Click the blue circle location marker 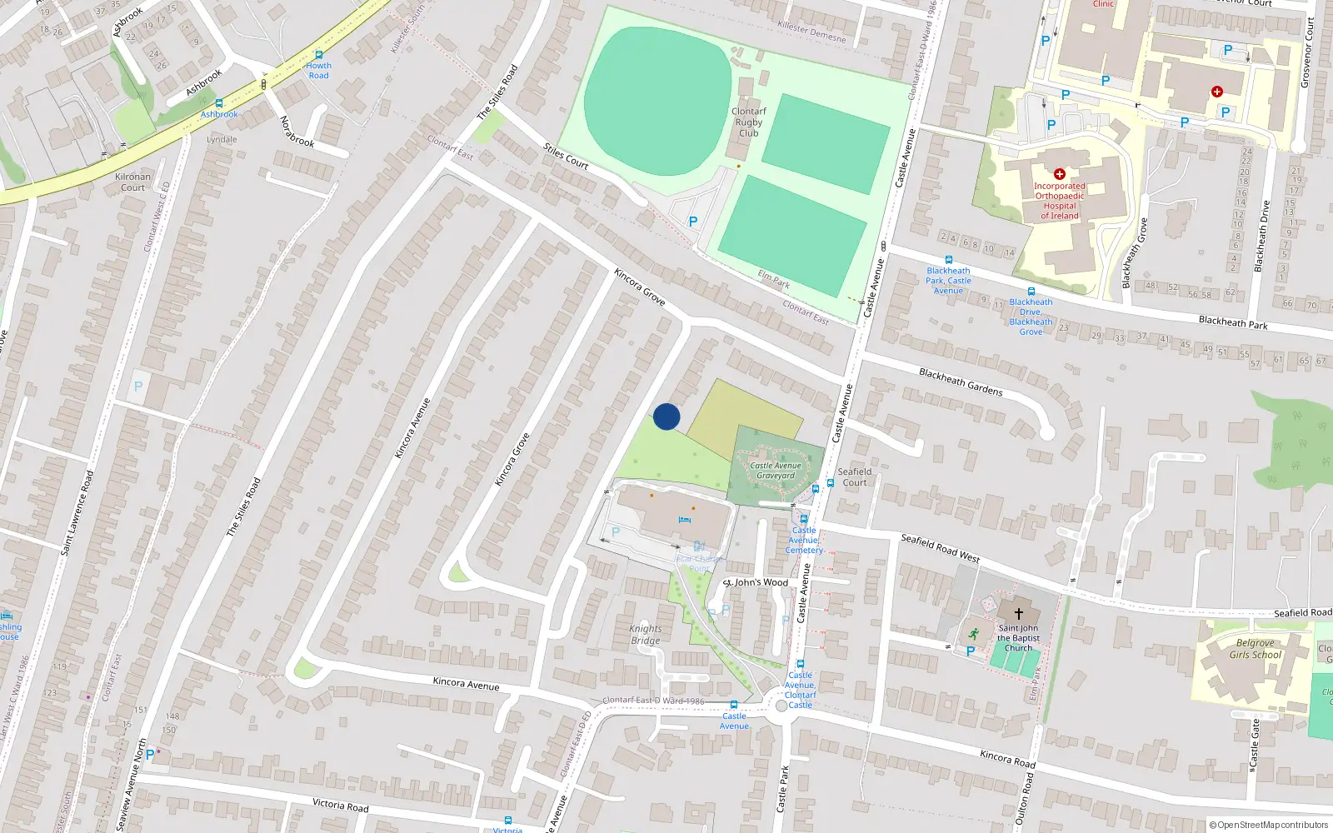(666, 416)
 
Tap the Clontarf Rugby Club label (748, 122)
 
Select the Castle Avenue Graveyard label (776, 471)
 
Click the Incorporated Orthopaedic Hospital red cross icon (1060, 174)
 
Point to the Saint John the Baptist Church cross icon (1018, 614)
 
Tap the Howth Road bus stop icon (318, 55)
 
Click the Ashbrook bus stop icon (219, 103)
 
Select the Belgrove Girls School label (1255, 649)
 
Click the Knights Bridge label (646, 635)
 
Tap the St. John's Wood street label (756, 582)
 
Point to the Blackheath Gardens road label (961, 382)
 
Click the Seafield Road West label (940, 548)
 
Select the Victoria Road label (341, 805)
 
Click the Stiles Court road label (566, 156)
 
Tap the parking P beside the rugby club (692, 222)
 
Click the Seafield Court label (855, 476)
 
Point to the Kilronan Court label (133, 182)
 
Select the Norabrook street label (297, 132)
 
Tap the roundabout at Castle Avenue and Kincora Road (781, 706)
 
